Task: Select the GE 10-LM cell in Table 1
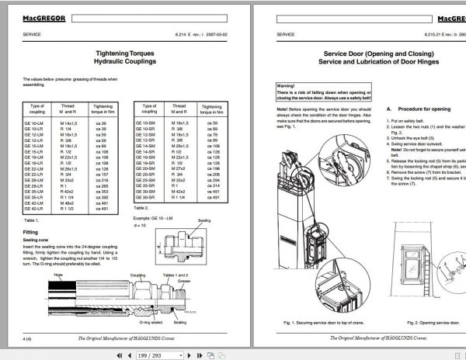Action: pyautogui.click(x=37, y=123)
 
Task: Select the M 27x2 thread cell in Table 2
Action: pyautogui.click(x=179, y=166)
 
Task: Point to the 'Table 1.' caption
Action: pyautogui.click(x=30, y=221)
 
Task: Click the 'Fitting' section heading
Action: pyautogui.click(x=31, y=232)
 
